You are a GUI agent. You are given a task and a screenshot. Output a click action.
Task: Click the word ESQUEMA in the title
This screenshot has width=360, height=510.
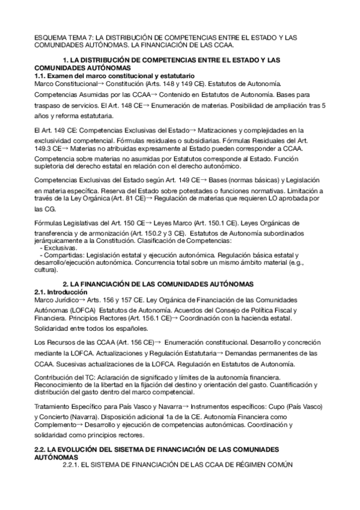pos(49,37)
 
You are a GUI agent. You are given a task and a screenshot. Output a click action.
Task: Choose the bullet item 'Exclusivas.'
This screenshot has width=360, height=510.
pos(60,248)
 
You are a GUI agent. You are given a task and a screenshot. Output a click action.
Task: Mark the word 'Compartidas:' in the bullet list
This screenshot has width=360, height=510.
pos(65,256)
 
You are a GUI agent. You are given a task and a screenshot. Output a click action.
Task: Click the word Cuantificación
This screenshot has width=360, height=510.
pos(293,384)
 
